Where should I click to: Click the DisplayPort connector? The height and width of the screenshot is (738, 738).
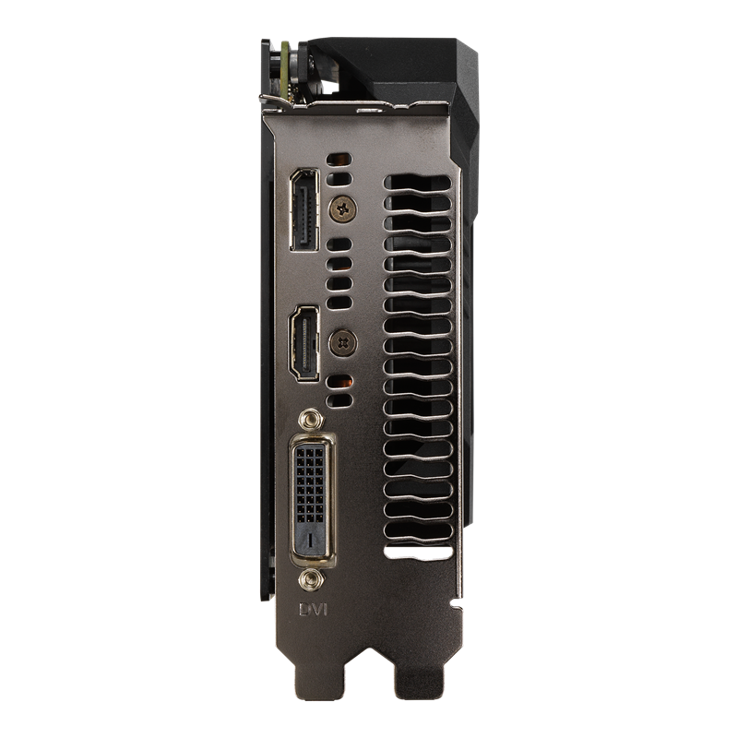click(303, 210)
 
